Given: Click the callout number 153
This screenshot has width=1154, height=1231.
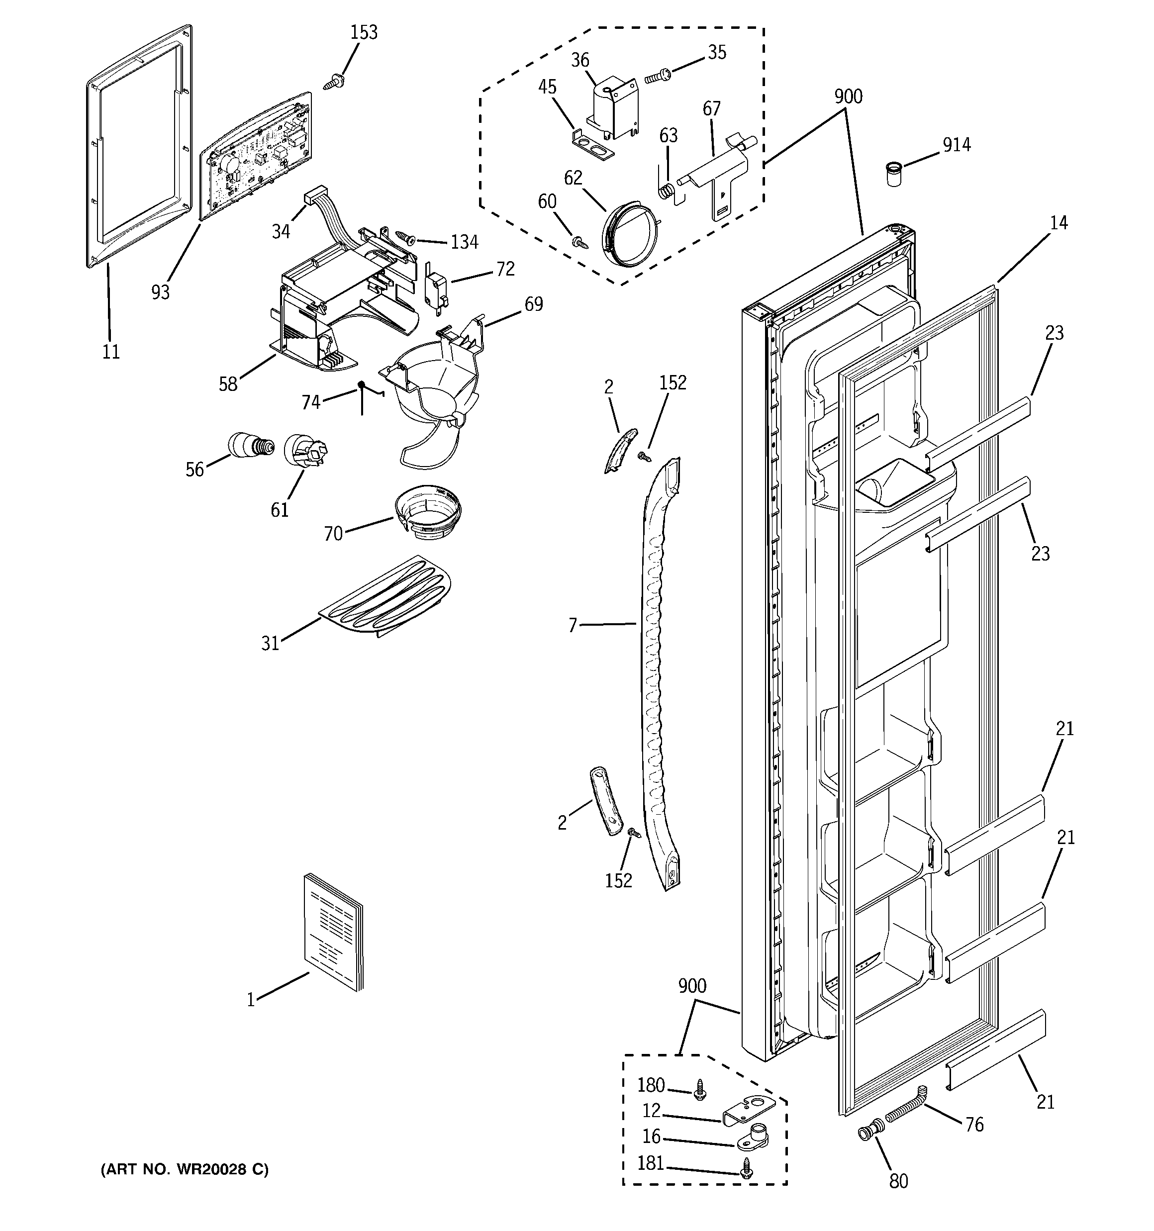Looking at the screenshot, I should pyautogui.click(x=364, y=32).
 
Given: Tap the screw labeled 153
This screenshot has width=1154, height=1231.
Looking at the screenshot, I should pyautogui.click(x=335, y=81).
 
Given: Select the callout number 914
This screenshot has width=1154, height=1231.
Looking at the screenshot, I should pyautogui.click(x=957, y=145).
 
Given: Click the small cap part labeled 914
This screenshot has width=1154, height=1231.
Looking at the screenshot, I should pyautogui.click(x=892, y=174).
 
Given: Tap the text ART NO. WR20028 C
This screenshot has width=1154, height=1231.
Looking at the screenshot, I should pyautogui.click(x=185, y=1169).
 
